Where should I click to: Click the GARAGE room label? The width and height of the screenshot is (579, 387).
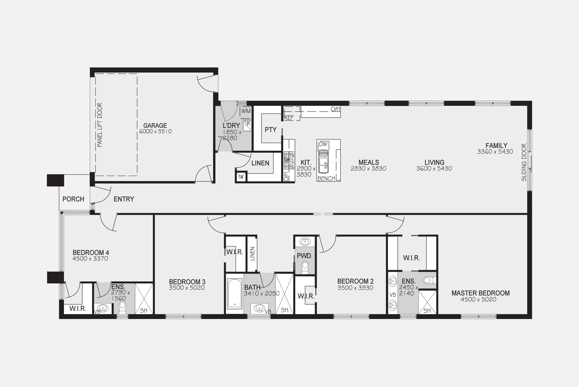(155, 126)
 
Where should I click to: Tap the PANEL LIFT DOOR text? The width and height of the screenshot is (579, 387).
(100, 125)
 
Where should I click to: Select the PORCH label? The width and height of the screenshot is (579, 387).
(73, 199)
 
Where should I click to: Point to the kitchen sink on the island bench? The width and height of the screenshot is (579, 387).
(323, 162)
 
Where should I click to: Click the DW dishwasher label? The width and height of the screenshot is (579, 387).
(323, 144)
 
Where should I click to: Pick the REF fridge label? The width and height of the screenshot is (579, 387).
(289, 118)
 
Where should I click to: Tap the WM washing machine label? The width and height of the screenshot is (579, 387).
(246, 111)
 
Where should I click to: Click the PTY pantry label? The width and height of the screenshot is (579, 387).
(271, 130)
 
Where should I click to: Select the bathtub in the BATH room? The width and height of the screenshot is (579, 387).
(234, 293)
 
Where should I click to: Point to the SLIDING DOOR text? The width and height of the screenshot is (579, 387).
(524, 162)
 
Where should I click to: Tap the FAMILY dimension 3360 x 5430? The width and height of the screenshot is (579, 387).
(495, 152)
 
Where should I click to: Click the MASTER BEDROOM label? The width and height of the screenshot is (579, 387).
(481, 293)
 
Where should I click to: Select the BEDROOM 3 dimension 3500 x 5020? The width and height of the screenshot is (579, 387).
(187, 288)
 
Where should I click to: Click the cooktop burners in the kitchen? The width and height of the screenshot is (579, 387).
(289, 160)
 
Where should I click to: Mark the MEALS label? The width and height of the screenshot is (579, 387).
(369, 163)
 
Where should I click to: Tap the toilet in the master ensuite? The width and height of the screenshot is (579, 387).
(430, 280)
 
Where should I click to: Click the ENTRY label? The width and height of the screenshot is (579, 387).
(124, 199)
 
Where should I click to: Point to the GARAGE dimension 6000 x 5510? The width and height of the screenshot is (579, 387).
(155, 131)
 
